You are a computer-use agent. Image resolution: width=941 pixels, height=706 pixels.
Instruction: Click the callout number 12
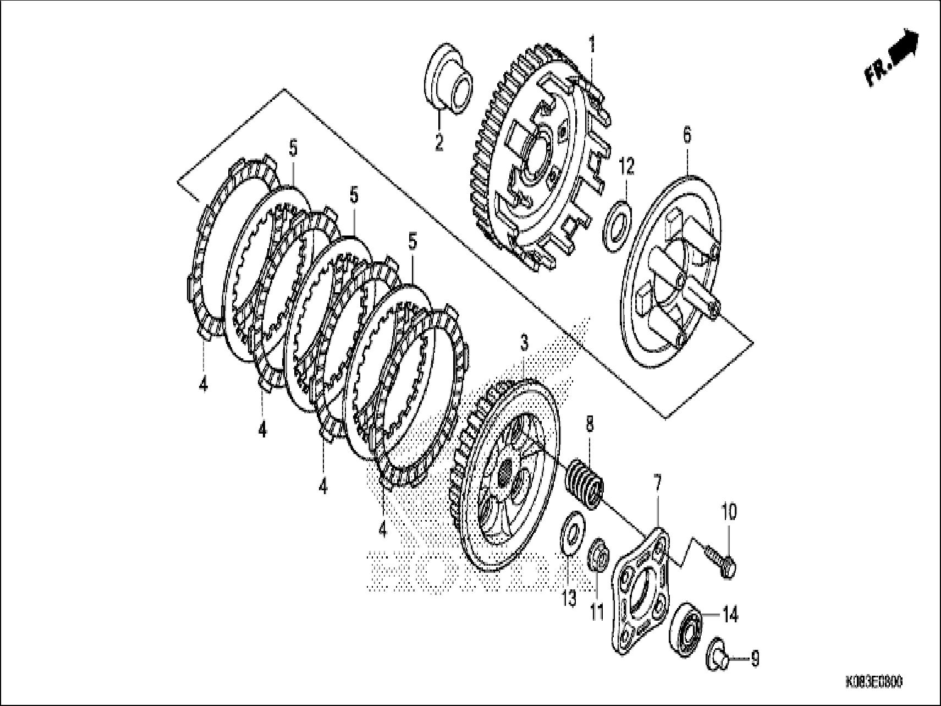(x=626, y=166)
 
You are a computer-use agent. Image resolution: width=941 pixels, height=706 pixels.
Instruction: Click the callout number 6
(x=687, y=135)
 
